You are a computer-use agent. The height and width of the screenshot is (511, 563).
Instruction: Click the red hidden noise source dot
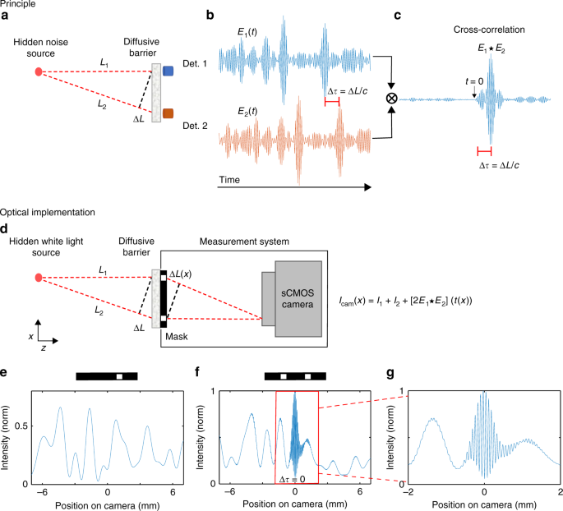click(39, 71)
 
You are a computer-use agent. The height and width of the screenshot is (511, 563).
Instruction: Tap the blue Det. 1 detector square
click(168, 71)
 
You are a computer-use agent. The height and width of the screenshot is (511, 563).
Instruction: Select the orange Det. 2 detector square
click(168, 113)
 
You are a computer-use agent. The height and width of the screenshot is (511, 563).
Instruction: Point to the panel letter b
click(210, 16)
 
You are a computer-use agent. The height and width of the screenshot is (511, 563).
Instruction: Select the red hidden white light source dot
click(39, 277)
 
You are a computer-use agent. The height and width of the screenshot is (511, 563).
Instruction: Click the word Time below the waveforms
click(232, 178)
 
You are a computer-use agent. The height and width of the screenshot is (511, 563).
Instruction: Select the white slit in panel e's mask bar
click(119, 376)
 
